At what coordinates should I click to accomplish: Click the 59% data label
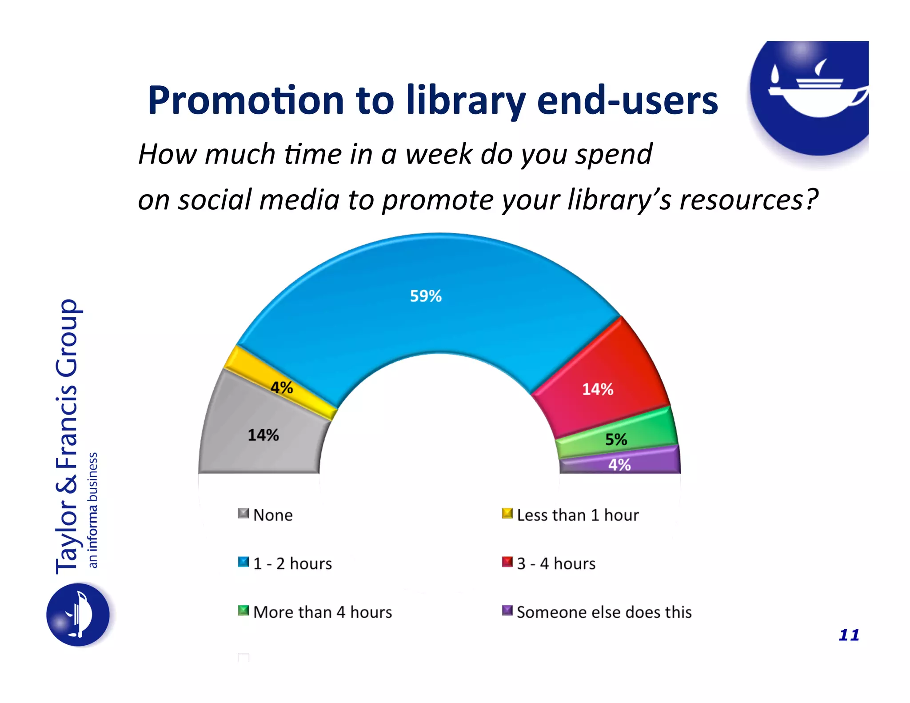click(x=426, y=296)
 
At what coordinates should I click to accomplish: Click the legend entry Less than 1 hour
click(x=571, y=515)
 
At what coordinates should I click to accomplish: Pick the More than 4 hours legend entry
click(x=315, y=612)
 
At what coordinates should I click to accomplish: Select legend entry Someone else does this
click(x=598, y=612)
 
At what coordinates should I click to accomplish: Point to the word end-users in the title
click(x=627, y=101)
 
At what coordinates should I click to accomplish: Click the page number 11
click(x=849, y=635)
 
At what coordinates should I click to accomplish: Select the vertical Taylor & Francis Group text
click(x=68, y=435)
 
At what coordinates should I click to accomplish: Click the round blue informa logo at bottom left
click(x=78, y=615)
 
